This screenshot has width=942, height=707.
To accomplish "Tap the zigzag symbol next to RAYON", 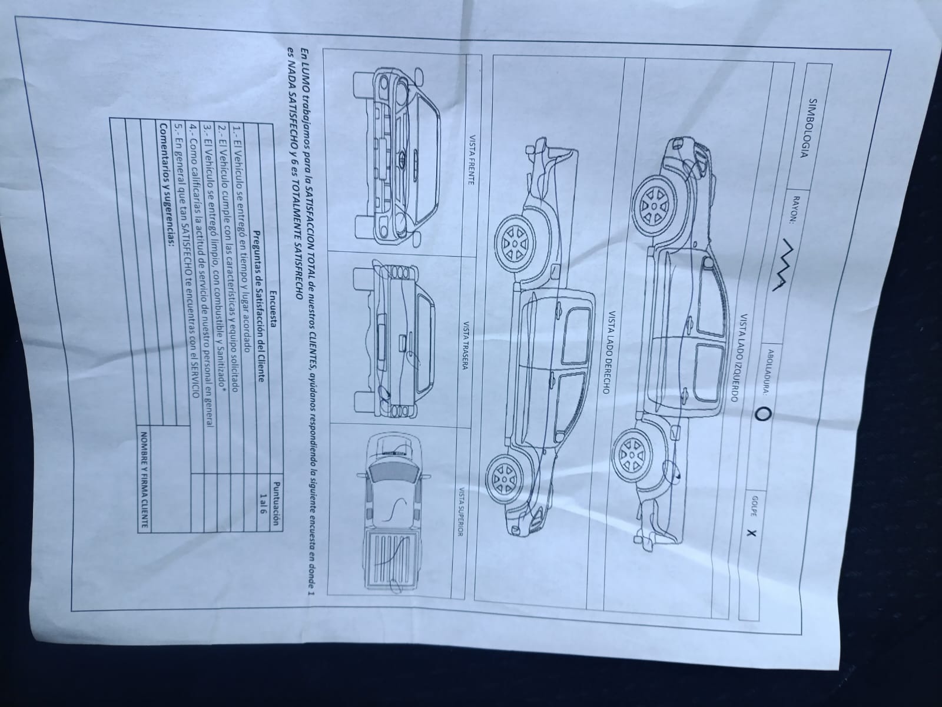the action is (783, 265).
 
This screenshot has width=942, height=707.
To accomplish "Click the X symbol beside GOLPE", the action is (751, 533).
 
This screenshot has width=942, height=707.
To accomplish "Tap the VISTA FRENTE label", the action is (471, 160).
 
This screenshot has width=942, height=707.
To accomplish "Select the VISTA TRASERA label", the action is (465, 346).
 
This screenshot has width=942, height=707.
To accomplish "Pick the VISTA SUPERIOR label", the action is (460, 512).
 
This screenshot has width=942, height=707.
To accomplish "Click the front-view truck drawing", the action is (397, 157).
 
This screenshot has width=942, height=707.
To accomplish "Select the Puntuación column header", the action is (276, 503).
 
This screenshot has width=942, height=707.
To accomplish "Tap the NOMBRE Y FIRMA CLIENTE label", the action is (145, 480).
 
